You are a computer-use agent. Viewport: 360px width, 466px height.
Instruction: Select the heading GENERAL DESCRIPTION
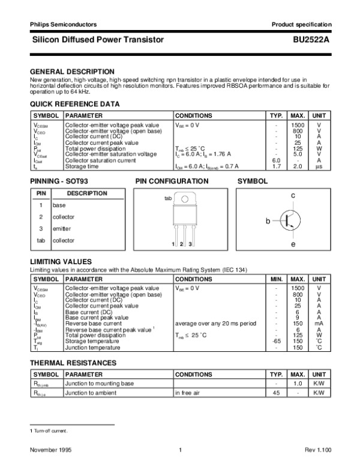tap(72, 71)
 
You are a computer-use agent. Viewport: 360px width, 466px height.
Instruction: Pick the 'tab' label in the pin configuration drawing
tap(168, 198)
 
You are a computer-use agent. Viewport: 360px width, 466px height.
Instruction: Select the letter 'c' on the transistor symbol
tap(293, 196)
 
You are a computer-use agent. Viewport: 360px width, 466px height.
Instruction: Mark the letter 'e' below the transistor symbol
tap(293, 244)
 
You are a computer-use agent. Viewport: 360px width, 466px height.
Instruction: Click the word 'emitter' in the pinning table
tap(62, 229)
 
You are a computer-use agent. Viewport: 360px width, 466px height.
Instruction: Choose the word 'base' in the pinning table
tap(59, 205)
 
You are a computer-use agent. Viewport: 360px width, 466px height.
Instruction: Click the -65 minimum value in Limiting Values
tap(277, 341)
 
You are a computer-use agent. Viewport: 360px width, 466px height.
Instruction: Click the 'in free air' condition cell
tap(189, 393)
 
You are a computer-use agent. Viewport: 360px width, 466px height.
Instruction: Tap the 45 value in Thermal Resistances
tap(277, 393)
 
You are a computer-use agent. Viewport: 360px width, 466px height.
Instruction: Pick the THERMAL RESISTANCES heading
tap(73, 363)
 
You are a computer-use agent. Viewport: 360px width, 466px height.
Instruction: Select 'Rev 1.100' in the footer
tap(318, 450)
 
